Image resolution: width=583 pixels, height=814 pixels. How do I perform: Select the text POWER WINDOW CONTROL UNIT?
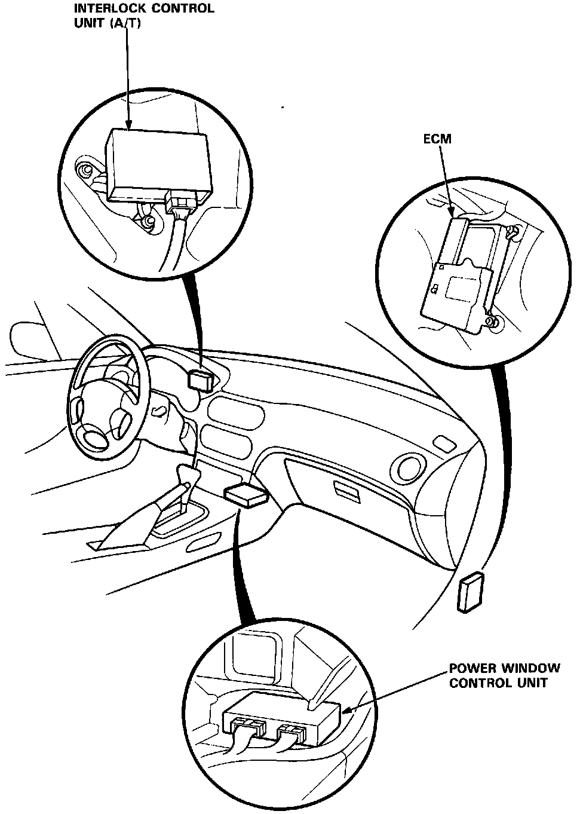click(504, 675)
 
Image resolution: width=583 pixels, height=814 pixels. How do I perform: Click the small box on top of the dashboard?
click(201, 379)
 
